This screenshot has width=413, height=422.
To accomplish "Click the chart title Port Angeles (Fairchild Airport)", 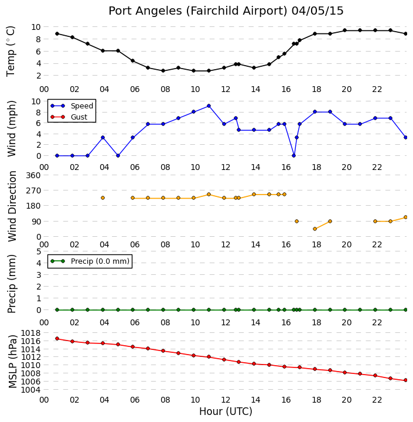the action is click(x=198, y=11).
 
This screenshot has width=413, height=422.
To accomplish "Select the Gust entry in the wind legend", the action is click(x=79, y=117).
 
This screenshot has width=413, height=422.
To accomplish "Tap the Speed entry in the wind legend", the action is click(x=82, y=105).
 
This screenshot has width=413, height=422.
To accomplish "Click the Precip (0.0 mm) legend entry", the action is click(x=100, y=261).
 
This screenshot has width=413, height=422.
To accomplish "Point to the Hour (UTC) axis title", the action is click(x=226, y=411).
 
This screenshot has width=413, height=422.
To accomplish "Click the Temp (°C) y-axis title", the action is click(x=11, y=51).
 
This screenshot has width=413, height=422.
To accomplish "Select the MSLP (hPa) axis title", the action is click(x=12, y=361).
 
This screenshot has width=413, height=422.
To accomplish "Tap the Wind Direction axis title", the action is click(x=12, y=206).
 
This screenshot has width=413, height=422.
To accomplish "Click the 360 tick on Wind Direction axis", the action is click(x=33, y=175).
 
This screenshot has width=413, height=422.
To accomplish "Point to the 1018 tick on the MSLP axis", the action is click(x=31, y=333).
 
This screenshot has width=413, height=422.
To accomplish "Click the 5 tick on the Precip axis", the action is click(x=39, y=251).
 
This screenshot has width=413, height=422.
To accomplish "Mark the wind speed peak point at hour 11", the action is click(x=209, y=106).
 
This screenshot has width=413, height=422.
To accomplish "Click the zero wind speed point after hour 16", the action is click(x=294, y=155).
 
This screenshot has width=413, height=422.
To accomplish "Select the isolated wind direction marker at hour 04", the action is click(x=103, y=198).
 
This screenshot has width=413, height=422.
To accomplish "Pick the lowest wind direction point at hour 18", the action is click(x=315, y=229).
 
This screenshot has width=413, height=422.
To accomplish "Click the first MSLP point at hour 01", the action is click(x=57, y=339).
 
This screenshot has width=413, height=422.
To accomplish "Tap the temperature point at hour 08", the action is click(x=163, y=71).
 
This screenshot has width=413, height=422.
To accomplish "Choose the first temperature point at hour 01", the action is click(x=57, y=33).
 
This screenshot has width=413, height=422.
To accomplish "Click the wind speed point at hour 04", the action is click(x=103, y=138).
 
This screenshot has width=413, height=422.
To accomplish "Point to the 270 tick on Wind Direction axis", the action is click(x=33, y=190).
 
